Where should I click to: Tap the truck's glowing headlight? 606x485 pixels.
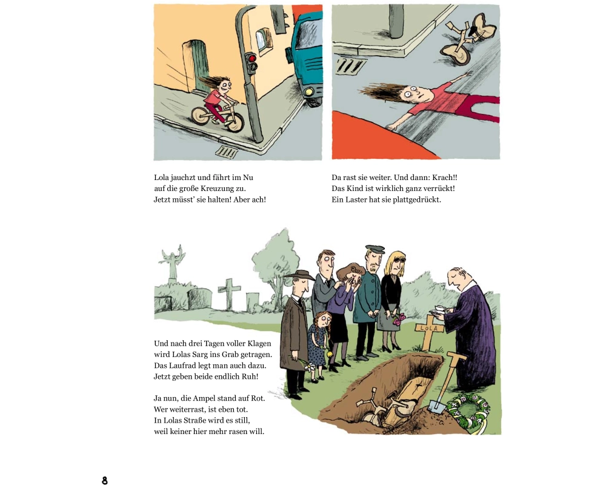click(309, 92)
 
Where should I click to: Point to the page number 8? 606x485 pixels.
click(104, 480)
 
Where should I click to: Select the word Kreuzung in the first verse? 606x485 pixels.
click(216, 189)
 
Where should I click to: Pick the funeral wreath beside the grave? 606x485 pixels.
click(468, 412)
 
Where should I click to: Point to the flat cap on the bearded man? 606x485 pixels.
click(375, 249)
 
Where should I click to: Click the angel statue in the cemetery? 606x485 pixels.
click(172, 263)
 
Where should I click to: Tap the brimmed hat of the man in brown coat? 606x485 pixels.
click(299, 275)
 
